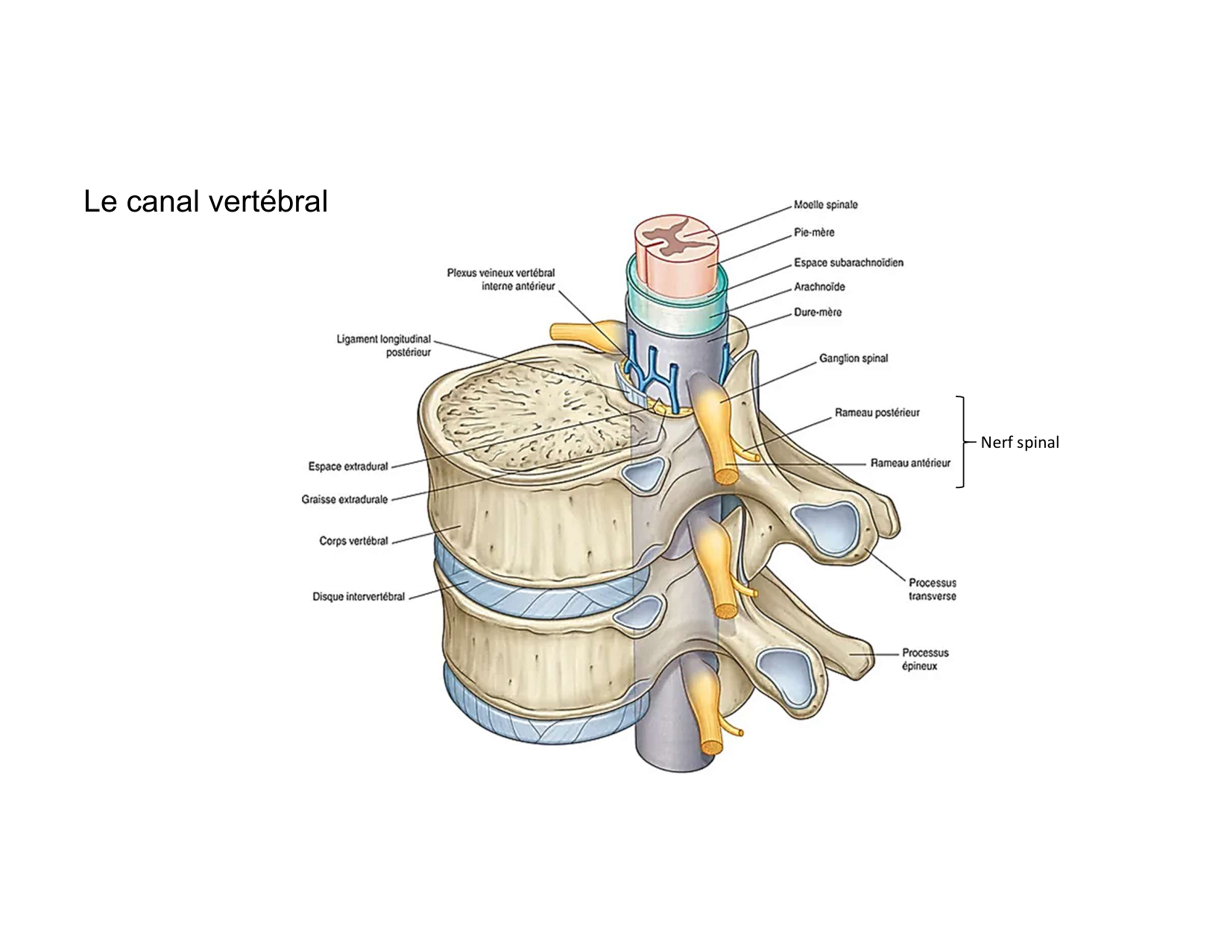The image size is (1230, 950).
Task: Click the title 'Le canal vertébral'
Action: pyautogui.click(x=206, y=202)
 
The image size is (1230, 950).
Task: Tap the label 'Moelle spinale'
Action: pyautogui.click(x=825, y=205)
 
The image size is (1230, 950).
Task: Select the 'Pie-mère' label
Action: pyautogui.click(x=814, y=232)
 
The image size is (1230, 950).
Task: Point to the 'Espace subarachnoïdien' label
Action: pyautogui.click(x=848, y=262)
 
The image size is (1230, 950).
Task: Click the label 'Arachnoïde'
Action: pyautogui.click(x=819, y=287)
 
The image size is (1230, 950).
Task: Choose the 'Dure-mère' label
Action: pyautogui.click(x=818, y=312)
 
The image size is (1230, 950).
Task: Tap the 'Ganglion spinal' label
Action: pyautogui.click(x=854, y=358)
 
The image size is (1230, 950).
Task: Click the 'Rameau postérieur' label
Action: pyautogui.click(x=877, y=413)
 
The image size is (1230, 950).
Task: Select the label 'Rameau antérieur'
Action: pyautogui.click(x=910, y=463)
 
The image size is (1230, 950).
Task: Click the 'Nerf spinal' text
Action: pyautogui.click(x=1019, y=443)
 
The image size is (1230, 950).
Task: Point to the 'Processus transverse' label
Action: pyautogui.click(x=932, y=589)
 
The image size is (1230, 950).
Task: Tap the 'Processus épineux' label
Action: pyautogui.click(x=925, y=659)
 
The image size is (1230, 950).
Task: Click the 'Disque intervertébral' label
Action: pyautogui.click(x=359, y=597)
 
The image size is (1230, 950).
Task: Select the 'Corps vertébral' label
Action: pyautogui.click(x=354, y=541)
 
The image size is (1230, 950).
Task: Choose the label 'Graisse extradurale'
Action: pyautogui.click(x=344, y=499)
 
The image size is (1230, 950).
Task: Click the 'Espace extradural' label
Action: pyautogui.click(x=348, y=466)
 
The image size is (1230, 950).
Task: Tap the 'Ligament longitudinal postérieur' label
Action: pyautogui.click(x=384, y=346)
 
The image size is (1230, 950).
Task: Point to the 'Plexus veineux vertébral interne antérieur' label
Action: pyautogui.click(x=501, y=279)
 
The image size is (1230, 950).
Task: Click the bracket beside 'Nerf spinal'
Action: pyautogui.click(x=962, y=442)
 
